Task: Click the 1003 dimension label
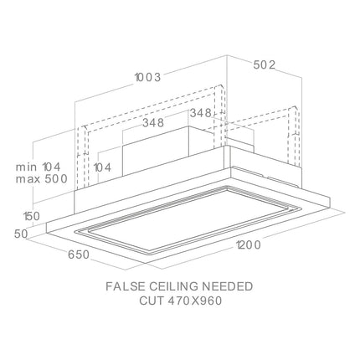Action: [148, 77]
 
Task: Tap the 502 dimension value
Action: [264, 65]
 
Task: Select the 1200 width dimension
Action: [249, 245]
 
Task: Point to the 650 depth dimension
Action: [79, 255]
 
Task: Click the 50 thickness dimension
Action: [21, 234]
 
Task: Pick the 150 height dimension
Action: [32, 216]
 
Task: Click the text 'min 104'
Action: [39, 167]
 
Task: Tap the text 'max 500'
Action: [42, 179]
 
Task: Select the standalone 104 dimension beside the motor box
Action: [102, 167]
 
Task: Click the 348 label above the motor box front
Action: [153, 122]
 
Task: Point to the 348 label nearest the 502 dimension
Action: [201, 113]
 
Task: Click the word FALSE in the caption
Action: [126, 286]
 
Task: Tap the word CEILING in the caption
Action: [174, 286]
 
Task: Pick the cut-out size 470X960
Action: [194, 301]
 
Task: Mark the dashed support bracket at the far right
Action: [294, 136]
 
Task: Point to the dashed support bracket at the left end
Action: [83, 157]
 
